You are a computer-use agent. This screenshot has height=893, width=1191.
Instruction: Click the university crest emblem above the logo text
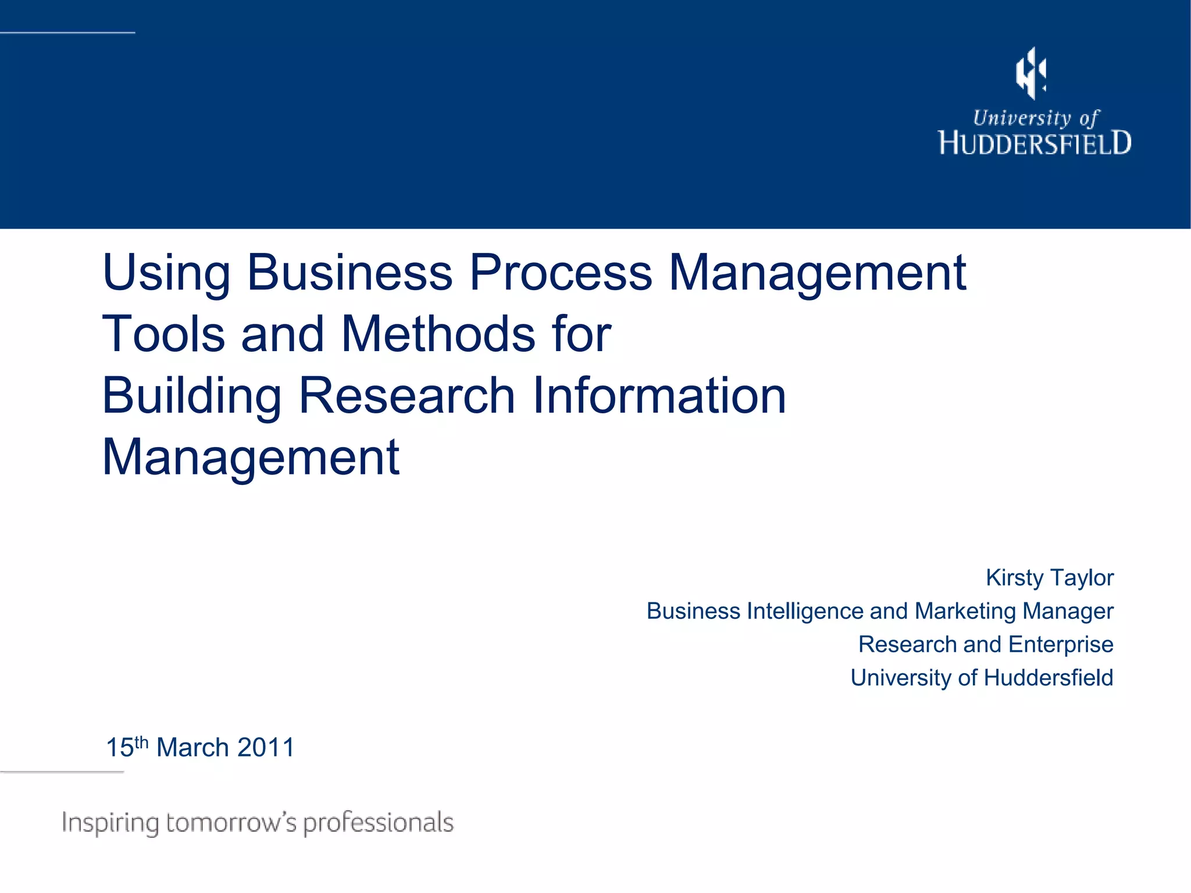pos(1031,73)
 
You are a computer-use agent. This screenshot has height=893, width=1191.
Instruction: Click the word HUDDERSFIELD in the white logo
pos(1035,144)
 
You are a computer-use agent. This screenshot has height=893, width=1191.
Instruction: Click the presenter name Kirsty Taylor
pos(1050,578)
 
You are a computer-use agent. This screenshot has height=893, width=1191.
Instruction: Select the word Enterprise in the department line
pos(1061,645)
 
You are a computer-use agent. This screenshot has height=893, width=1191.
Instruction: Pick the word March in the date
pos(192,748)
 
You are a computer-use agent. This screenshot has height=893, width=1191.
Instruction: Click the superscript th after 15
pos(142,742)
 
